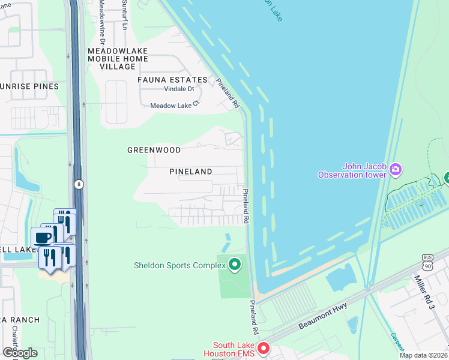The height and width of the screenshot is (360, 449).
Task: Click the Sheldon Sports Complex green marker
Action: click(x=235, y=264)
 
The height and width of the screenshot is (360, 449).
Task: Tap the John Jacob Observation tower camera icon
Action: click(x=396, y=170)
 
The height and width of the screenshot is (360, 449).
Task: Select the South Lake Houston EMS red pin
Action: click(x=262, y=349)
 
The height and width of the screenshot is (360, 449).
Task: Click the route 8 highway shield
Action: click(x=79, y=185)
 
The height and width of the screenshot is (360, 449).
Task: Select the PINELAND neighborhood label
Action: click(x=190, y=172)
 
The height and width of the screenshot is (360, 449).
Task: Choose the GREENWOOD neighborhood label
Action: click(x=154, y=150)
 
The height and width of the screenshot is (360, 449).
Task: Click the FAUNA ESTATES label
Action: click(x=167, y=79)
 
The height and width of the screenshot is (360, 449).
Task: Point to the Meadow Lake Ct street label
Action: click(x=174, y=105)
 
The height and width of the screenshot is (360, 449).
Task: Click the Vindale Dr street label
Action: click(x=179, y=89)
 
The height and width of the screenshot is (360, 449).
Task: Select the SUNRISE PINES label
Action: click(x=29, y=86)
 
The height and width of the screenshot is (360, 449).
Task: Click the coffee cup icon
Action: click(x=43, y=236)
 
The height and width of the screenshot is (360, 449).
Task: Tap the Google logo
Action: click(x=19, y=353)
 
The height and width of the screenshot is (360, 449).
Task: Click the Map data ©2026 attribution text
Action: click(x=423, y=355)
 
